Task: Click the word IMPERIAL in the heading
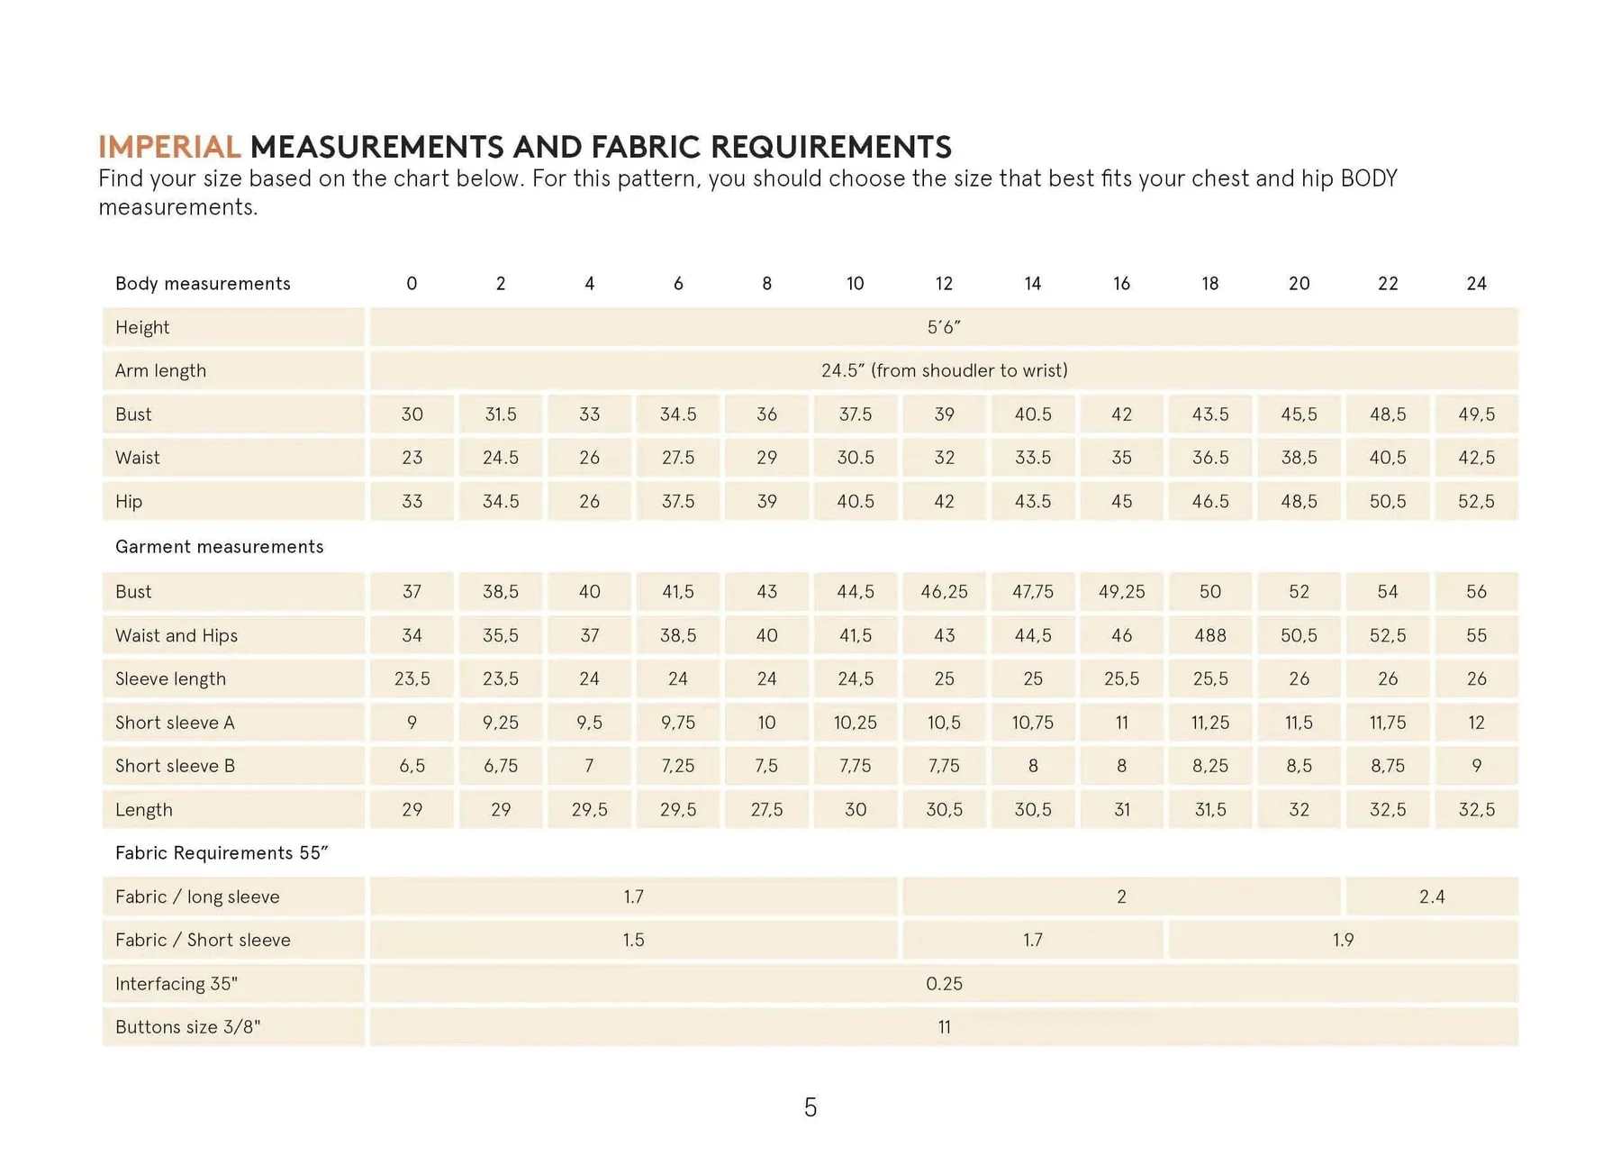pos(168,147)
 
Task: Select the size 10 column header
pos(855,284)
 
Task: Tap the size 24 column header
pos(1476,284)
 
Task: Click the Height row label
pos(142,327)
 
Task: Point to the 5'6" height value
pos(943,327)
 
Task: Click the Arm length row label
pos(160,370)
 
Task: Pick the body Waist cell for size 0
pos(412,458)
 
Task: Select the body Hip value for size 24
pos(1476,501)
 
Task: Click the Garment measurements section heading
pos(219,547)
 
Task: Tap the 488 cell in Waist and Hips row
pos(1209,635)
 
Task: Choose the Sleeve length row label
pos(170,678)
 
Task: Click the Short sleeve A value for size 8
pos(766,723)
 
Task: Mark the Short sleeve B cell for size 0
pos(412,766)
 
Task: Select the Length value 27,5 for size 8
pos(766,809)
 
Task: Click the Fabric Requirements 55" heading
pos(222,853)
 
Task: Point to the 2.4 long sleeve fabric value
pos(1431,897)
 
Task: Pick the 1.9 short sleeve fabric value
pos(1343,940)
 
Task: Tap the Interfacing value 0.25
pos(943,984)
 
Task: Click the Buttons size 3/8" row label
pos(187,1027)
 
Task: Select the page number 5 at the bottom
pos(810,1107)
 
